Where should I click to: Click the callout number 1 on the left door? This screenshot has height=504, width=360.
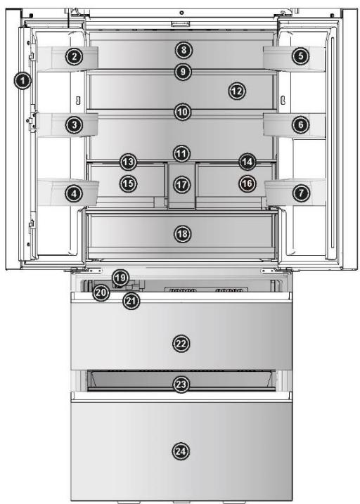[23, 82]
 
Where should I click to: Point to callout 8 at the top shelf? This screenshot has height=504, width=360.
[183, 50]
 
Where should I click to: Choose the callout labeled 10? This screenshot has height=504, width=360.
[183, 111]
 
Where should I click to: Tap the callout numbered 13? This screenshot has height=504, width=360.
[127, 162]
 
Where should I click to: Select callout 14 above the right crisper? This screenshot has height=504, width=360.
[246, 162]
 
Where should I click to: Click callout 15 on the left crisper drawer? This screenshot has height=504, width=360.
[127, 183]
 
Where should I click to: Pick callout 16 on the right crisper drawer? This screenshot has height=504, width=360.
[246, 183]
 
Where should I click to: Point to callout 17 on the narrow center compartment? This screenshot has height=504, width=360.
[182, 184]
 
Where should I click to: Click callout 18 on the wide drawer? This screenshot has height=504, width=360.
[182, 233]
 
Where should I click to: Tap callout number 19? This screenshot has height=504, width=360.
[120, 278]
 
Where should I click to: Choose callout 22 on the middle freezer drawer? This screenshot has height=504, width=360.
[182, 343]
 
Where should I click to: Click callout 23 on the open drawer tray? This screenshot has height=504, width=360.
[182, 385]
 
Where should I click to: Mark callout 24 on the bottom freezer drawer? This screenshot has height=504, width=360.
[182, 450]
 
